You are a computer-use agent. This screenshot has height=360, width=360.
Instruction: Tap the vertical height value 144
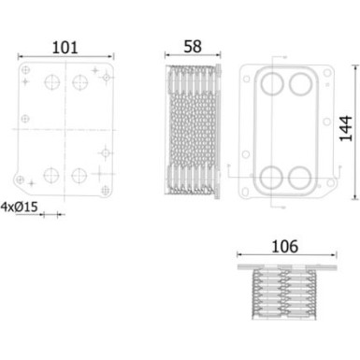346,134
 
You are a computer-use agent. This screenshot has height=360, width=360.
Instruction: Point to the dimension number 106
284,247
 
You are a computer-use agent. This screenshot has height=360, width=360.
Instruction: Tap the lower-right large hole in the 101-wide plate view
81,174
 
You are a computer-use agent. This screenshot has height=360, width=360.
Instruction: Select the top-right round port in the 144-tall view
300,85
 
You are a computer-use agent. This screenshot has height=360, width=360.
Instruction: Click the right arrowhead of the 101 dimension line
112,57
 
